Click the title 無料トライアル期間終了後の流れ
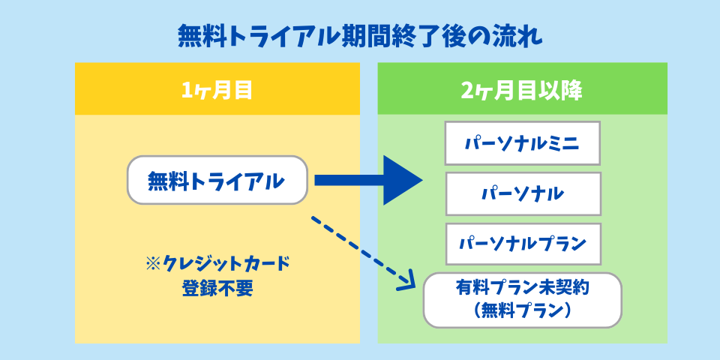tap(359, 35)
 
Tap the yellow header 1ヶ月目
tap(217, 89)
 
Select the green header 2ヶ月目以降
tap(522, 89)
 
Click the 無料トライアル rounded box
tap(217, 180)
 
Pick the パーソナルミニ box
tap(523, 143)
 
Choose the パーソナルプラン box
tap(523, 244)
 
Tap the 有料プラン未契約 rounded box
tap(523, 300)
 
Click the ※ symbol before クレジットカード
tap(152, 264)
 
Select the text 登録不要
tap(217, 288)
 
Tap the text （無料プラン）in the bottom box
tap(523, 310)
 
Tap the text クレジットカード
tap(225, 264)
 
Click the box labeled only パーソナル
tap(523, 193)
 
